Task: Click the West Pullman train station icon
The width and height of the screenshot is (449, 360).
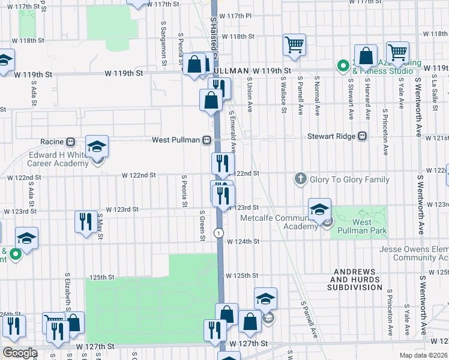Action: (x=206, y=140)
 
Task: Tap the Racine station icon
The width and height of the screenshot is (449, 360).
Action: (x=70, y=142)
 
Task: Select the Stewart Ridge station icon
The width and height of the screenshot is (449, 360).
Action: (x=362, y=136)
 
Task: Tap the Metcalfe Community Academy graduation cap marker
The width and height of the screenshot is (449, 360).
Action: (x=319, y=209)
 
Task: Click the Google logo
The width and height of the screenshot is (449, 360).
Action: (x=19, y=353)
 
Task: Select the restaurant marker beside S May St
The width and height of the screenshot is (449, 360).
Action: (x=86, y=221)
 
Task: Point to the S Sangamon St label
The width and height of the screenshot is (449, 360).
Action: (x=163, y=43)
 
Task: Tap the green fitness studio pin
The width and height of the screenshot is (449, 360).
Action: (x=343, y=65)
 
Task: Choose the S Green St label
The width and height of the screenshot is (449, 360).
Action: (x=202, y=225)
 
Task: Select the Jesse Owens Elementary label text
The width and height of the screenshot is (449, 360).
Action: (x=414, y=249)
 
